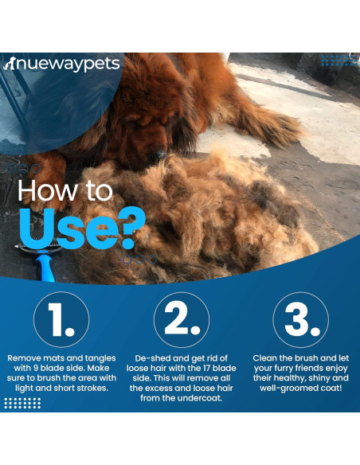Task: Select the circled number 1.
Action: tap(61, 319)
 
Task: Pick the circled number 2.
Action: tap(181, 319)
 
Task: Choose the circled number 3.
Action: tap(300, 319)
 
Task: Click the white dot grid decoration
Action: tap(22, 403)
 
